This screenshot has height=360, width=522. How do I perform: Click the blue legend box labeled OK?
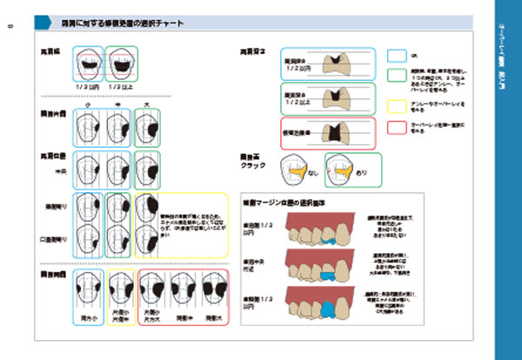click(x=396, y=55)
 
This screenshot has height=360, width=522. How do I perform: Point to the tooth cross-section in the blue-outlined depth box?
click(x=331, y=62)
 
